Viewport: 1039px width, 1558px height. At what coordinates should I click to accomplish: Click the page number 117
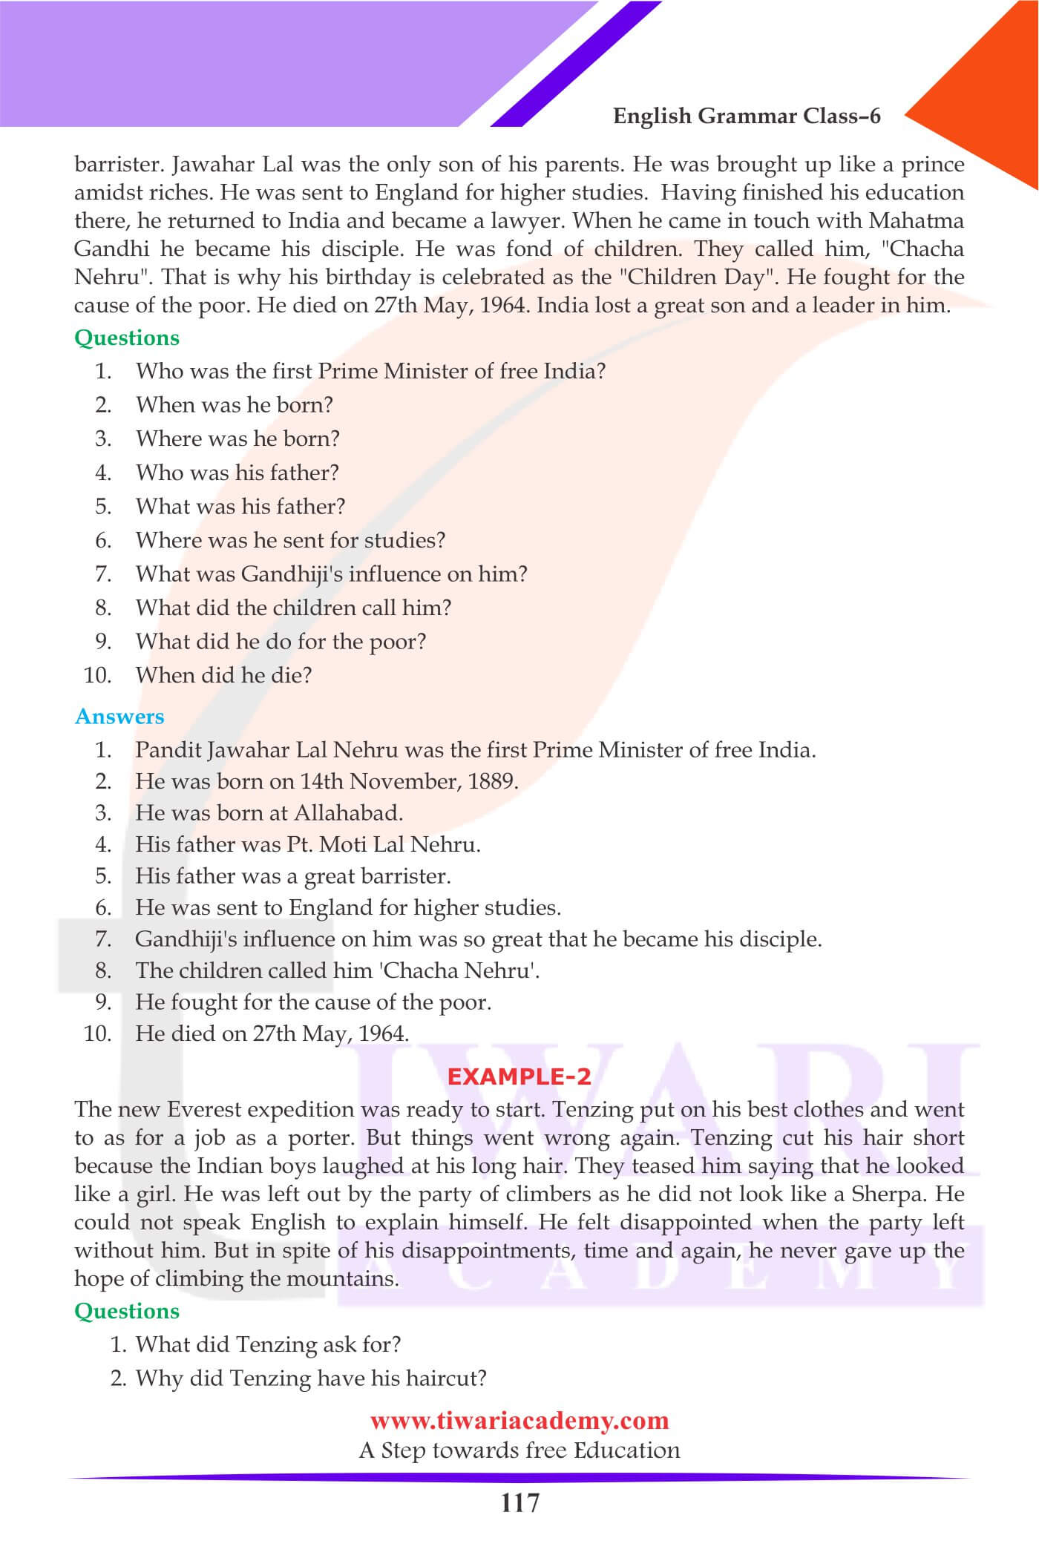click(519, 1503)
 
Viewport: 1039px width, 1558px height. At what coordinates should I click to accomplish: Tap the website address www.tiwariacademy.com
click(519, 1420)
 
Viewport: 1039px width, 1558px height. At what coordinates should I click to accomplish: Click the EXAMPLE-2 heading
click(519, 1076)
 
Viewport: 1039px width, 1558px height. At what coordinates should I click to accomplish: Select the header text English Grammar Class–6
click(747, 116)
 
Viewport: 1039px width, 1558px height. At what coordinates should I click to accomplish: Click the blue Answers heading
click(119, 717)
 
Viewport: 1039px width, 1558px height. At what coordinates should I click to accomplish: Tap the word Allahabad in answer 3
click(348, 813)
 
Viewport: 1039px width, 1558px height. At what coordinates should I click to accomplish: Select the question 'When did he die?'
click(223, 675)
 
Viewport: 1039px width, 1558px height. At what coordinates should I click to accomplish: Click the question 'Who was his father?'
click(237, 473)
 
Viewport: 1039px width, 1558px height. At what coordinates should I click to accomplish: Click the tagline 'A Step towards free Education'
click(519, 1450)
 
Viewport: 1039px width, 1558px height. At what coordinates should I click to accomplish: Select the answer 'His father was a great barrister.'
click(292, 876)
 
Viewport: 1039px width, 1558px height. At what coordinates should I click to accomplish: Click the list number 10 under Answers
click(97, 1033)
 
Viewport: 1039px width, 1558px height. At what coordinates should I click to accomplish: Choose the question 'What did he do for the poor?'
click(281, 642)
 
